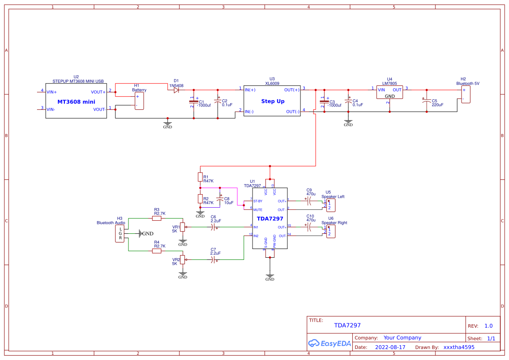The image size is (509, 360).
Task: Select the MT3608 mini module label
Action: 76,101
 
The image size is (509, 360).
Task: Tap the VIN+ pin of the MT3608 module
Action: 52,92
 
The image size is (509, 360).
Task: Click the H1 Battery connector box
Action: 139,101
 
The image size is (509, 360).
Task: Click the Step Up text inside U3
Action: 273,101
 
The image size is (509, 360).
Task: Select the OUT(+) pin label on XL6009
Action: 292,90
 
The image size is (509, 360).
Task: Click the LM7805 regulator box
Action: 390,92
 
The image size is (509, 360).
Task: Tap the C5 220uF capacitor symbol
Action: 426,100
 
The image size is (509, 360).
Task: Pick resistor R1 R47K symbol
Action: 200,177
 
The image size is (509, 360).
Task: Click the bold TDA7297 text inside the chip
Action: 270,219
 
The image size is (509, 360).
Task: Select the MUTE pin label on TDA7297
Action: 258,210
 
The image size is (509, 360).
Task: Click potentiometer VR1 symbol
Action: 182,227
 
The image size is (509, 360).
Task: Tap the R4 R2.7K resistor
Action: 157,251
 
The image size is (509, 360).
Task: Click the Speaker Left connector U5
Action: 331,205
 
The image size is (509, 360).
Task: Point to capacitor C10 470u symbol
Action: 309,227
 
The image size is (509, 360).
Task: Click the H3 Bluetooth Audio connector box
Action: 121,234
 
